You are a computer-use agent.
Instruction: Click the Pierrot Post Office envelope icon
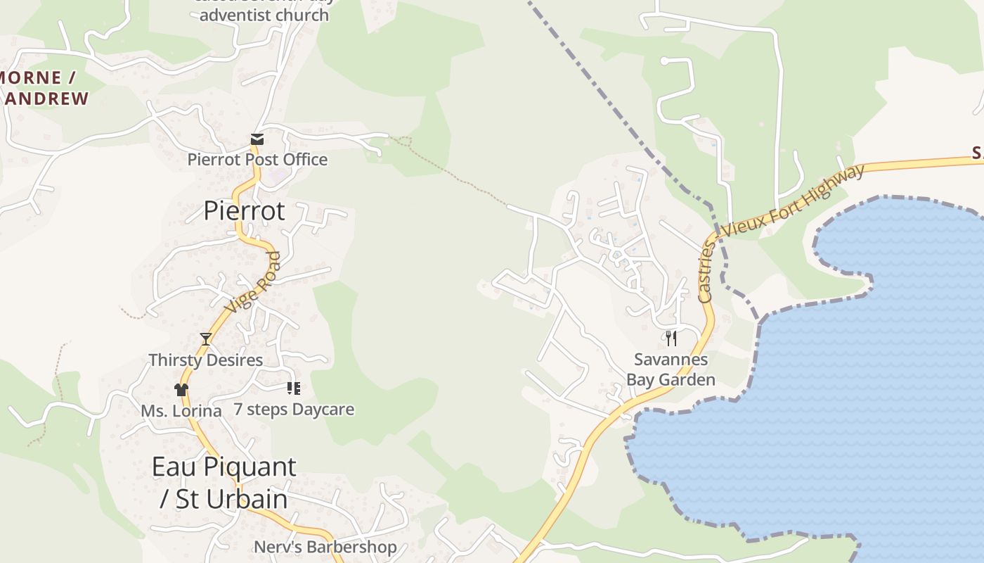click(x=257, y=139)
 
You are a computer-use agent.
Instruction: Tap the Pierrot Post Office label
click(x=257, y=160)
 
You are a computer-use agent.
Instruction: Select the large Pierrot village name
click(x=245, y=210)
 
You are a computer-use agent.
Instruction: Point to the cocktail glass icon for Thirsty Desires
click(x=206, y=339)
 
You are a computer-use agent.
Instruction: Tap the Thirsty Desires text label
click(x=206, y=360)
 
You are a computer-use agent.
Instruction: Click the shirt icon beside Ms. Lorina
click(x=181, y=389)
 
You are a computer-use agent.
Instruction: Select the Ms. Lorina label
click(x=181, y=411)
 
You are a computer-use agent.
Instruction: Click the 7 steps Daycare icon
click(x=294, y=388)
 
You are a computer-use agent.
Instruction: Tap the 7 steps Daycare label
click(x=294, y=410)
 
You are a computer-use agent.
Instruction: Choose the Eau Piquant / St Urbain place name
click(x=224, y=482)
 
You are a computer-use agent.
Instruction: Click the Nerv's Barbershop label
click(x=325, y=547)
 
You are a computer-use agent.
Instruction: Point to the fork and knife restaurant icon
click(x=671, y=339)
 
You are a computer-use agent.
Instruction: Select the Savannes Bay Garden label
click(x=671, y=370)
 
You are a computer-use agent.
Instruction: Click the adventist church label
click(x=264, y=14)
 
